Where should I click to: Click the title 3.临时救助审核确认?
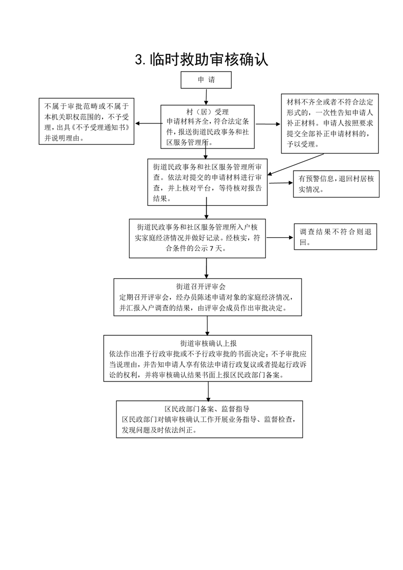(201, 60)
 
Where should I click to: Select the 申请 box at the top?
(206, 80)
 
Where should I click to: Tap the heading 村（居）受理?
(207, 112)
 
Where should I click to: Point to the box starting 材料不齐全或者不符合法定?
(330, 123)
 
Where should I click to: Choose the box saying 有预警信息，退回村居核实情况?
(336, 184)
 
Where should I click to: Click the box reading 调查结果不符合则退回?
(335, 237)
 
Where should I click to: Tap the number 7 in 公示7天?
(210, 248)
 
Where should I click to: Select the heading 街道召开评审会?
(201, 287)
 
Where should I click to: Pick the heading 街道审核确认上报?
(208, 343)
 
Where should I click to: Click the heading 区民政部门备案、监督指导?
(207, 408)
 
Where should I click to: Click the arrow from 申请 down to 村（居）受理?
(206, 97)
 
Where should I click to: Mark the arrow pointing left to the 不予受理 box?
(148, 123)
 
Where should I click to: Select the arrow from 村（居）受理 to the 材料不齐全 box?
(268, 124)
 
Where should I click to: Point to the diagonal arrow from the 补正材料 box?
(295, 164)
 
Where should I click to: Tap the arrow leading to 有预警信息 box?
(281, 183)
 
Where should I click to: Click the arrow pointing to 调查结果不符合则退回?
(280, 238)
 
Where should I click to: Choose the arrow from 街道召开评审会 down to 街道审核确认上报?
(207, 326)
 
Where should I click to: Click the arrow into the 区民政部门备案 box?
(208, 391)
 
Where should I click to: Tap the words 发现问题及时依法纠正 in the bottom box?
(159, 430)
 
